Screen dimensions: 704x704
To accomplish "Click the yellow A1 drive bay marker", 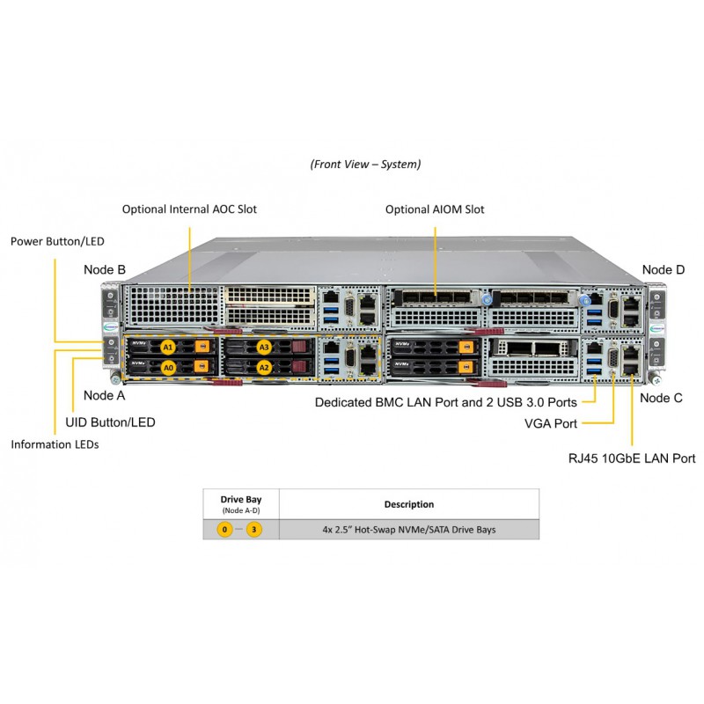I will coord(167,347).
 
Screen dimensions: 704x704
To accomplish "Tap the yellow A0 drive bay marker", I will coord(167,365).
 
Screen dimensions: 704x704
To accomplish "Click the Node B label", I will coord(105,269).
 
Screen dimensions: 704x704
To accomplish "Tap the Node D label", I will coord(663,269).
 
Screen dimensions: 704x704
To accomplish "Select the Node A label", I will coord(105,395).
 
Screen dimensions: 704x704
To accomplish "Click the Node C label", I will coord(661,398).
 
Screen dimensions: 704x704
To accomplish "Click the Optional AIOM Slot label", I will coord(435,209).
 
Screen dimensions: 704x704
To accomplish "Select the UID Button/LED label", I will coord(111,422).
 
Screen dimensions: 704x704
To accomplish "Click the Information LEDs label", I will coord(55,444).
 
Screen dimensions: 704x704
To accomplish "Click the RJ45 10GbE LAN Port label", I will coord(631,458).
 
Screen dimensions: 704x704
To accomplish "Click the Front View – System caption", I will coord(365,164).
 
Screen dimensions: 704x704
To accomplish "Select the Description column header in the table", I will coord(408,504).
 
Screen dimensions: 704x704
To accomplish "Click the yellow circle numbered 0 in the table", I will coord(225,530).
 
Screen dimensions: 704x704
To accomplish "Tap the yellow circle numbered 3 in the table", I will coord(254,530).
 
